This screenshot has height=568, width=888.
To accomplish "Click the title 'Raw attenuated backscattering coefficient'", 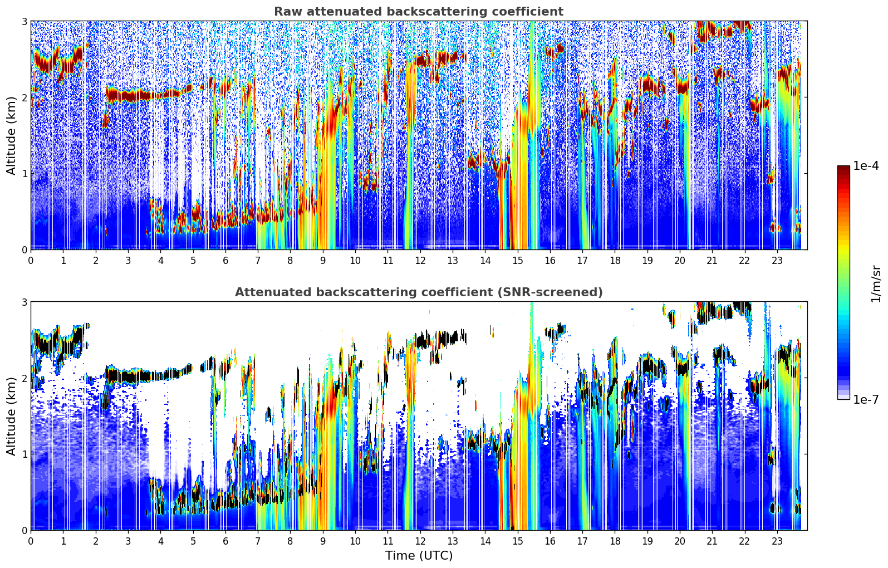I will coord(418,12).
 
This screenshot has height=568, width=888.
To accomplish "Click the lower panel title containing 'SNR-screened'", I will coord(418,292).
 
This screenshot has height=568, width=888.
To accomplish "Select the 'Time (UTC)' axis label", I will coord(419,556).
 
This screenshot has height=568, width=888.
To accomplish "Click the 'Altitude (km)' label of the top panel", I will coord(12,135).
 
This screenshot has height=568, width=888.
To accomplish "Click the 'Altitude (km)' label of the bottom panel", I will coord(12,416).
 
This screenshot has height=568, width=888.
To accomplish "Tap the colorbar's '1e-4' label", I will coord(866,166).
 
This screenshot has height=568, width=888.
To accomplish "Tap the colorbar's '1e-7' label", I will coord(866,399).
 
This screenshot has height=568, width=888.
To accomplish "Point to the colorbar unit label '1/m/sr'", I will coord(876,283).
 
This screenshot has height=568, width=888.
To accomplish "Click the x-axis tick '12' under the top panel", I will coord(420,261).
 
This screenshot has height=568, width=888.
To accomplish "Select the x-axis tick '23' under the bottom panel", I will coord(777,541).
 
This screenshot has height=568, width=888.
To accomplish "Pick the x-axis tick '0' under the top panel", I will coord(31,261).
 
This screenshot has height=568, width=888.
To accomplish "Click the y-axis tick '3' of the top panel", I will coord(24,21).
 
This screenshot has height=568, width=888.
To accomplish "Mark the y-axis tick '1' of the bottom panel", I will coord(24,454).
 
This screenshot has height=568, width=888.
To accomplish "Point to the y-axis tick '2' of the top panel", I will coord(24,97).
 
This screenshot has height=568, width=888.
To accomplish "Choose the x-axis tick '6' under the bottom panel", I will coord(225,541).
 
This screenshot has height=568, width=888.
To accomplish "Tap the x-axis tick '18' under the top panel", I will coord(615,261).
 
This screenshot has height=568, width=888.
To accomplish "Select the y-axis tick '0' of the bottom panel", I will coord(24,530).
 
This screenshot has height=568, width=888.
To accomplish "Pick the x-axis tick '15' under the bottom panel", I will coord(517,541).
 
